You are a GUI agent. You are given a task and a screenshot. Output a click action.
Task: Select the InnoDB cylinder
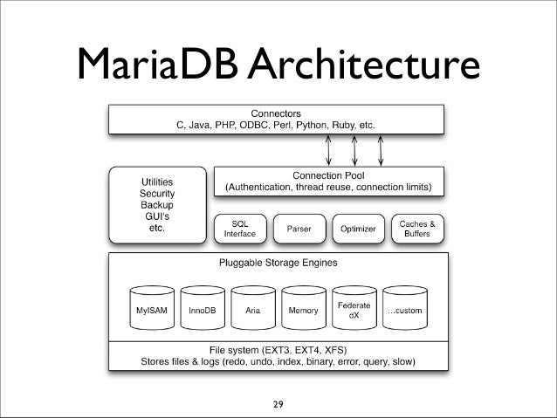[x=203, y=311]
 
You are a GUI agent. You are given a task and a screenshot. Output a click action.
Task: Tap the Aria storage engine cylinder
[x=253, y=311]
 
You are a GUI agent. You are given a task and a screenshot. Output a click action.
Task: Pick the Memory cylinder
[x=304, y=311]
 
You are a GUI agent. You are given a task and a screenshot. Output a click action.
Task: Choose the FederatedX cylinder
[x=354, y=311]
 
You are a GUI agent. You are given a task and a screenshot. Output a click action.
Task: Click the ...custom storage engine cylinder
[x=405, y=311]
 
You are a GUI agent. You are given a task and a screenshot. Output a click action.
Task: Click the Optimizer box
[x=358, y=229]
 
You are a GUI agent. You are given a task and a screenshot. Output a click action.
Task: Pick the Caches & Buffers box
[x=416, y=229]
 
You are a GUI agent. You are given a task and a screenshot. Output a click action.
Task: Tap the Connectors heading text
[x=276, y=113]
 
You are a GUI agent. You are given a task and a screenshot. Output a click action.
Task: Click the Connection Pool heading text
[x=328, y=175]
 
